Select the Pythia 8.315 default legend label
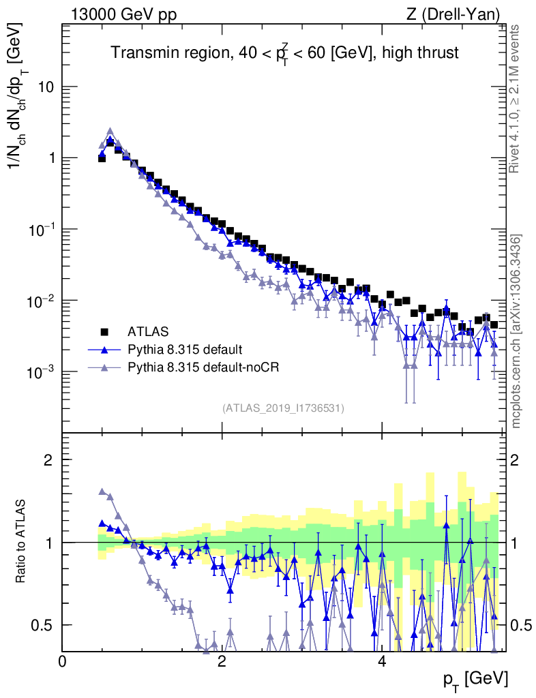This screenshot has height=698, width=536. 184,350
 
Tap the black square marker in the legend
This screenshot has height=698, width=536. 105,332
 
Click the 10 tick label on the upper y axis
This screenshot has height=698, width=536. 45,87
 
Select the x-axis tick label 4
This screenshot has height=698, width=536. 382,662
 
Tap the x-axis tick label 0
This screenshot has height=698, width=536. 63,662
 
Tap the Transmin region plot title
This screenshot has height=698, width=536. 284,52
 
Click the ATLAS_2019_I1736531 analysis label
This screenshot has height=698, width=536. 283,408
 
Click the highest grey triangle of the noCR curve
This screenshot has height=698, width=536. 110,132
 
